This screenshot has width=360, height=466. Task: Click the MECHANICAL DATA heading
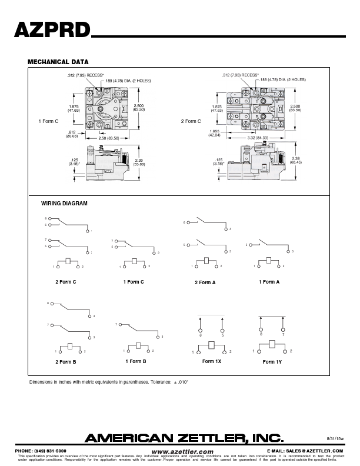(x=58, y=62)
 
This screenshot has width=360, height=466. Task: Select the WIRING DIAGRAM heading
(x=64, y=203)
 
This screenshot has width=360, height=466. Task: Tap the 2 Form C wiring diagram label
(x=66, y=282)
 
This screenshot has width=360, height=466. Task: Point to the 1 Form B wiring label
(x=135, y=361)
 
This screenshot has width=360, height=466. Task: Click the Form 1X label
(x=211, y=361)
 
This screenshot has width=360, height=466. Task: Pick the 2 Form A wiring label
(x=205, y=282)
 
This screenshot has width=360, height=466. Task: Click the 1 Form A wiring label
(x=269, y=282)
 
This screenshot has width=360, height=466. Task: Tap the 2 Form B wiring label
(x=66, y=361)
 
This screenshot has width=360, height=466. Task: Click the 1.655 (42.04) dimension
(x=214, y=133)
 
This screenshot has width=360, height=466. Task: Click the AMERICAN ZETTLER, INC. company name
(x=185, y=438)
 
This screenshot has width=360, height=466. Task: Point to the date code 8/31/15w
(x=334, y=438)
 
